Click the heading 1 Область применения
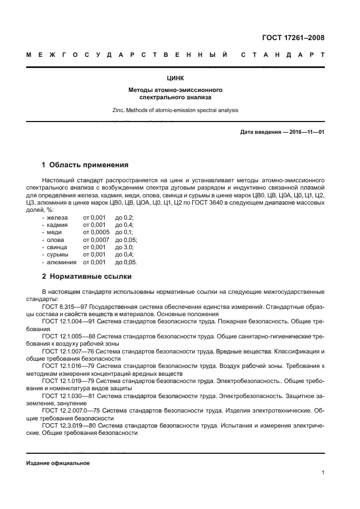85,165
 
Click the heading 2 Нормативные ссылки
87,276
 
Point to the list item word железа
57,217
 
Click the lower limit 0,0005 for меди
94,232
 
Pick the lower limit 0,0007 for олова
94,240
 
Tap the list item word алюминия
61,262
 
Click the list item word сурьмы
58,254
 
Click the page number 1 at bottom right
323,473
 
